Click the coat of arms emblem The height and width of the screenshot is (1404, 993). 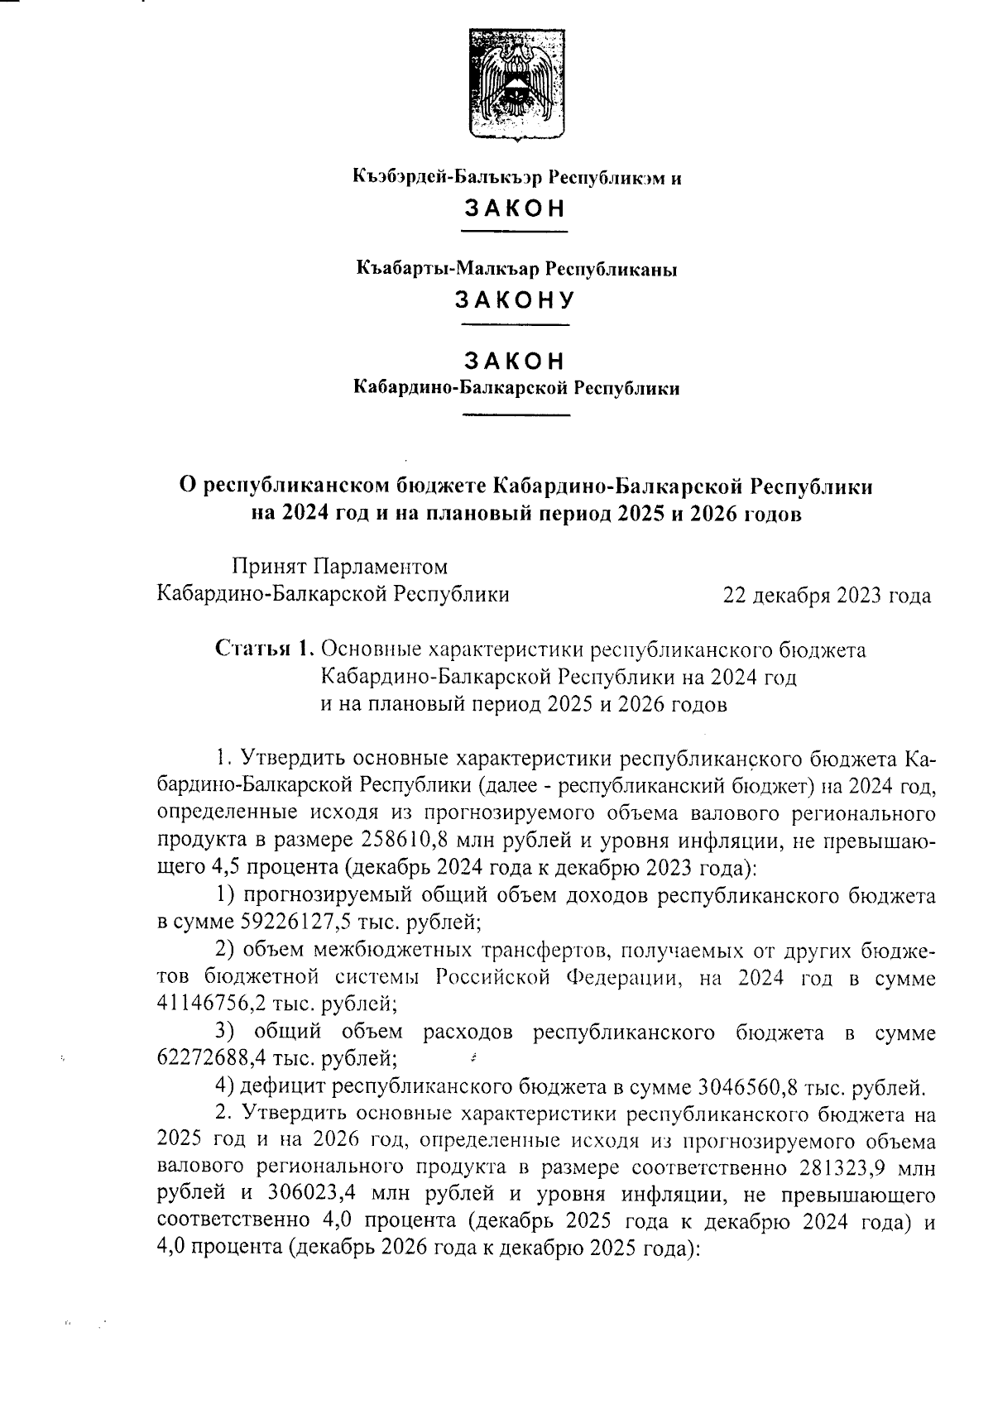tap(516, 84)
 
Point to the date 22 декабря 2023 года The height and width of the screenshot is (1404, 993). tap(827, 596)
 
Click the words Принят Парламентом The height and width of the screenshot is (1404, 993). tap(339, 567)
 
